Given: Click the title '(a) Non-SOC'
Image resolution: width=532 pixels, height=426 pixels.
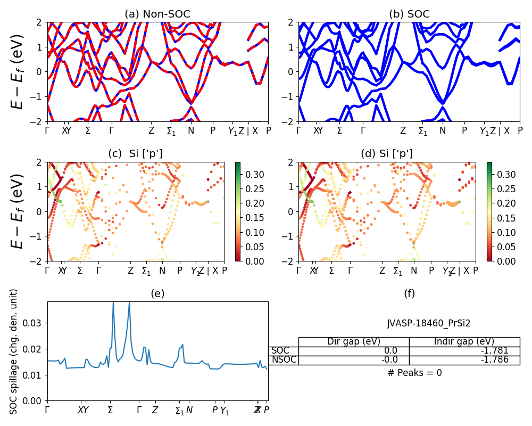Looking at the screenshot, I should point(157,14).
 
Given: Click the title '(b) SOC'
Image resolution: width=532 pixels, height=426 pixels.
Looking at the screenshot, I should point(409,14).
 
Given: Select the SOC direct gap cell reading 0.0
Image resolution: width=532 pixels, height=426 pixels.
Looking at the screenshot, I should point(354,350).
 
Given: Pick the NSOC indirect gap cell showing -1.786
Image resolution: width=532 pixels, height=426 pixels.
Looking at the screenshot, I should point(464,359).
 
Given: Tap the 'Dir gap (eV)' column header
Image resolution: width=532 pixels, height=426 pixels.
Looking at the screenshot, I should point(354,341).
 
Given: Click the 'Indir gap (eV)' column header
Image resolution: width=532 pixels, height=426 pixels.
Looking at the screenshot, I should point(464,341).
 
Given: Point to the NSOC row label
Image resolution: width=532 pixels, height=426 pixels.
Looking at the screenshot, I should point(283,359).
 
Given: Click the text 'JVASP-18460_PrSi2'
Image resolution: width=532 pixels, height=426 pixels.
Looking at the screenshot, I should point(428,323).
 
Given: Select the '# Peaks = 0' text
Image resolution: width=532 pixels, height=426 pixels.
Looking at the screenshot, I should point(414,373).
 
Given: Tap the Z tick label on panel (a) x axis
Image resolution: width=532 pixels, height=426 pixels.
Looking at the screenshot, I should point(151,130).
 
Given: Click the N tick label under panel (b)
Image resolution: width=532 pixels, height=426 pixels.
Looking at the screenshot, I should point(442,130).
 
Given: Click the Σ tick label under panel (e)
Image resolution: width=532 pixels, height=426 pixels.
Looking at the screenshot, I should point(111,410).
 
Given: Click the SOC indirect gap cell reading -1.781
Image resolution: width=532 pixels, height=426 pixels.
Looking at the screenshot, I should point(464,350).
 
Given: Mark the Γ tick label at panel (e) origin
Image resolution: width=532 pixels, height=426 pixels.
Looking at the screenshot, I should point(47,410).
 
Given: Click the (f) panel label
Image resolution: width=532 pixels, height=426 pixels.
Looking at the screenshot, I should point(409,293).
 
